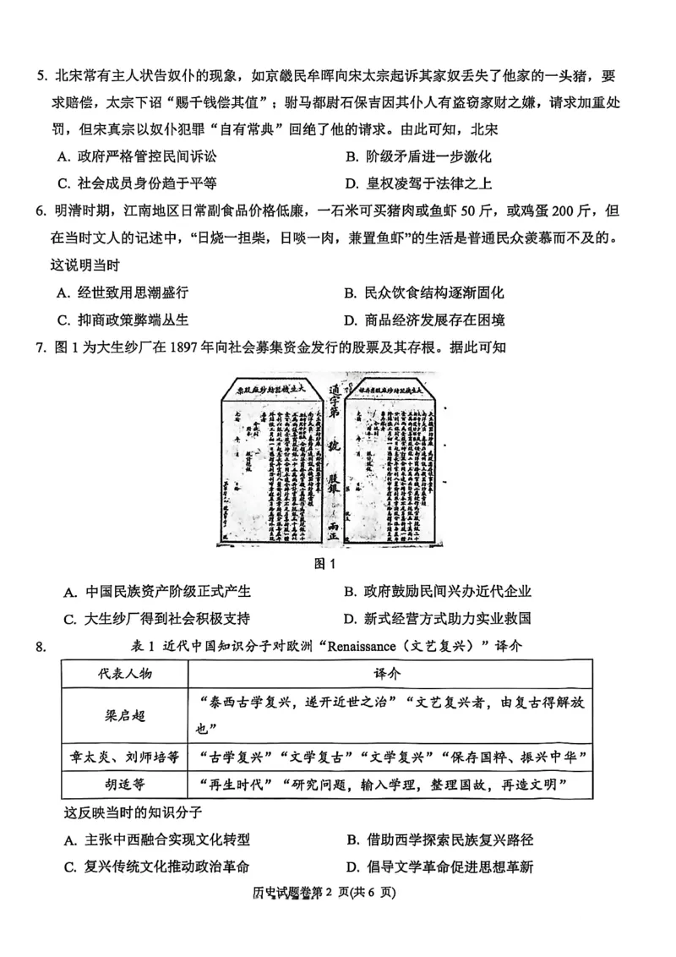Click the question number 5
click(x=40, y=76)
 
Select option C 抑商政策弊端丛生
click(x=127, y=320)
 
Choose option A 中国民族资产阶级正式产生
click(x=157, y=592)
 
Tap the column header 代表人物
click(x=124, y=674)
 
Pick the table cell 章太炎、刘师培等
click(x=124, y=757)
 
